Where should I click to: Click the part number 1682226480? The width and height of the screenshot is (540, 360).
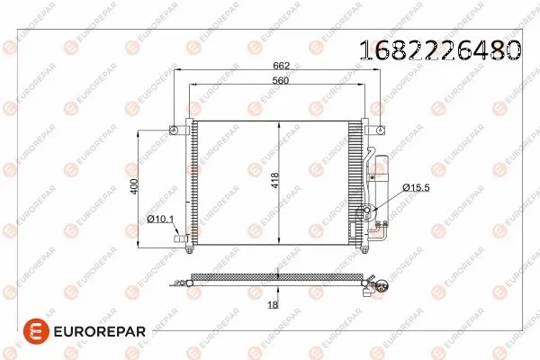point(441,50)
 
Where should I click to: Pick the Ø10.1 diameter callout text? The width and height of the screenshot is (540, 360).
point(160,219)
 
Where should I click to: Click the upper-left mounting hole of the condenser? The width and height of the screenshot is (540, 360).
point(173,130)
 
